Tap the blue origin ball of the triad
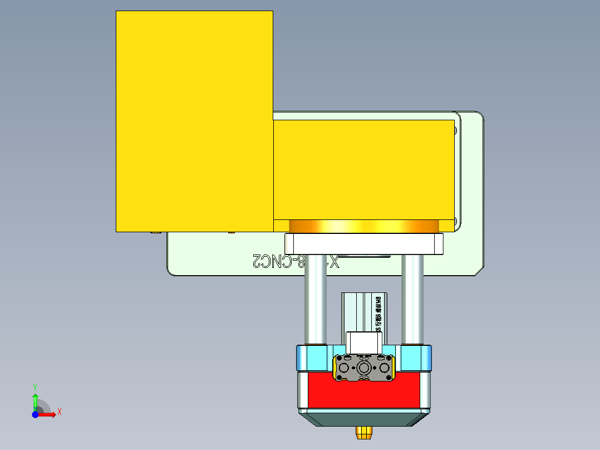tap(35, 415)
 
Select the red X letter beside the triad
tap(59, 412)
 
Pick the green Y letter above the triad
tap(35, 387)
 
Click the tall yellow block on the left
tap(194, 121)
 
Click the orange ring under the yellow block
tap(364, 226)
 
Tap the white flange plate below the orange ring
tap(364, 243)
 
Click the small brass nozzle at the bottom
tap(364, 432)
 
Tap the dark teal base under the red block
tap(364, 418)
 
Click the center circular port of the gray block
tap(364, 368)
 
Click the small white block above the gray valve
tap(364, 341)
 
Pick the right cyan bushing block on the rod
tap(414, 358)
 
